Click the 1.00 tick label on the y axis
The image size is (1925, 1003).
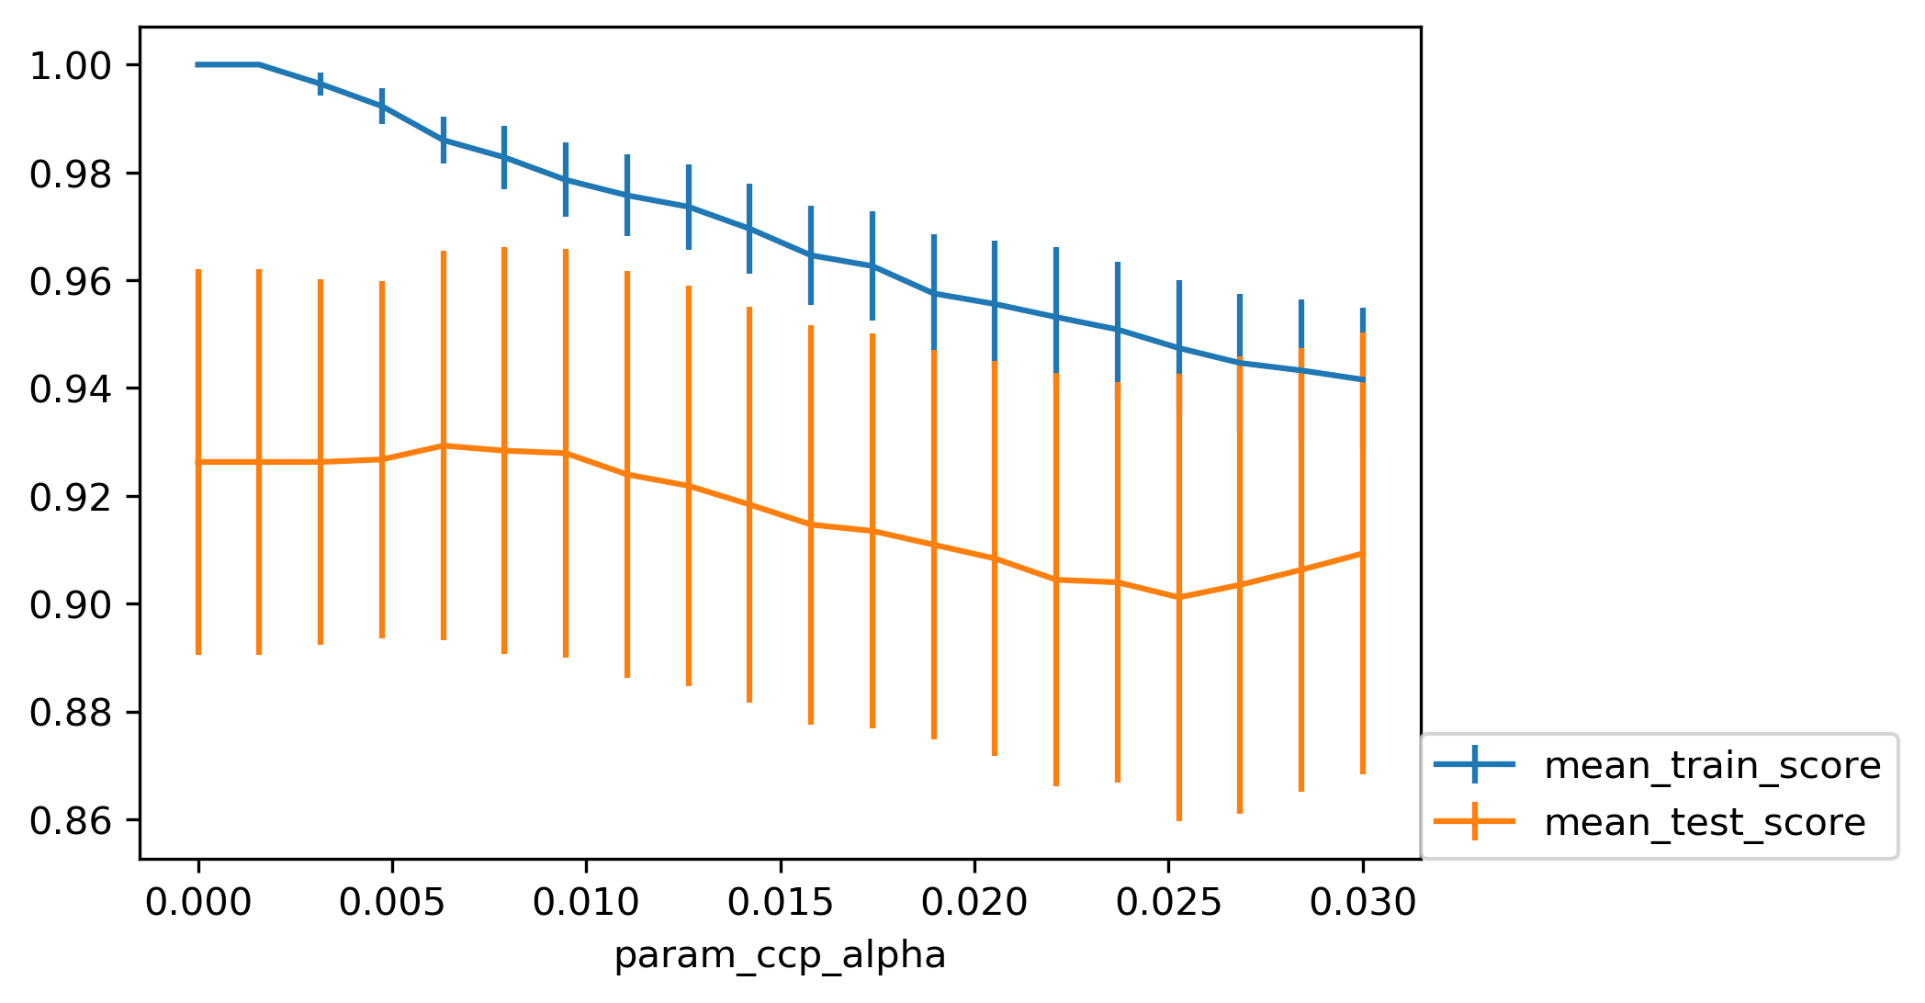[x=72, y=66]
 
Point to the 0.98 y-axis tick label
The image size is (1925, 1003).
[x=72, y=174]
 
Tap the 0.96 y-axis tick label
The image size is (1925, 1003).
[x=72, y=282]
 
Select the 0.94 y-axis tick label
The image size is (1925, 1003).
[x=72, y=389]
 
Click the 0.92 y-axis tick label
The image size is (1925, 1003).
[x=72, y=497]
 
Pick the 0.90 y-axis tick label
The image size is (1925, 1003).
[x=72, y=605]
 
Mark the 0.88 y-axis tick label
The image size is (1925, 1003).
[x=72, y=713]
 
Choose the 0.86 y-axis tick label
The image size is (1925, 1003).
[x=72, y=821]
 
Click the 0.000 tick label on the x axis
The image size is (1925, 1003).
[x=198, y=903]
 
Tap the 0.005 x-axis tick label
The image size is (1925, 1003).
[x=392, y=903]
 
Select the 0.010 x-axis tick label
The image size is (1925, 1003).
[x=586, y=903]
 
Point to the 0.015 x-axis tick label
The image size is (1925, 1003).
[x=781, y=903]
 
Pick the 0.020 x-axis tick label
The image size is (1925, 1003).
[x=974, y=903]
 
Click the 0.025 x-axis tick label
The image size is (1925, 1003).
[x=1168, y=903]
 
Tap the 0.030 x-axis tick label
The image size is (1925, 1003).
[x=1363, y=903]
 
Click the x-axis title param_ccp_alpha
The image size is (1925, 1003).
[x=780, y=956]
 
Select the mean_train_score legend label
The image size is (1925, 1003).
[x=1713, y=765]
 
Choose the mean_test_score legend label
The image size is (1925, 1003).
[x=1705, y=822]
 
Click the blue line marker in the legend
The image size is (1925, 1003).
[x=1475, y=764]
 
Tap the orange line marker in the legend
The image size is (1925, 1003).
[x=1475, y=821]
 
